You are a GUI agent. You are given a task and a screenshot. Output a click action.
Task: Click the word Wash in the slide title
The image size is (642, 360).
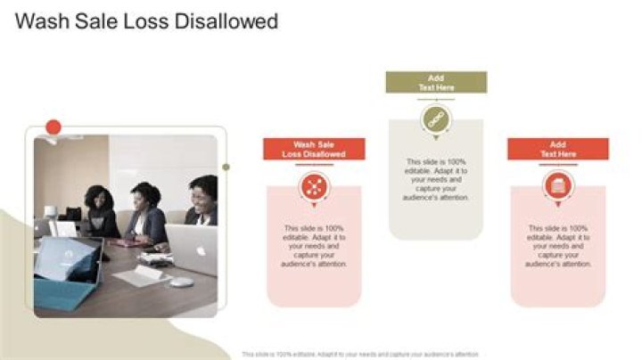click(x=43, y=21)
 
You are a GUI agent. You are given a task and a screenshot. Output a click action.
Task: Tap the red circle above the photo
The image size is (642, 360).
click(x=53, y=127)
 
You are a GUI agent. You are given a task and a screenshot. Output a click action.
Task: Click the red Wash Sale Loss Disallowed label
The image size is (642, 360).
click(x=314, y=149)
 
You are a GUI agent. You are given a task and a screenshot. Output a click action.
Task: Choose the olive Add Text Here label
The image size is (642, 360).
click(x=436, y=83)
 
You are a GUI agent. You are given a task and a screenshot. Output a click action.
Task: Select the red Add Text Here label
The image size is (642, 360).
click(x=558, y=149)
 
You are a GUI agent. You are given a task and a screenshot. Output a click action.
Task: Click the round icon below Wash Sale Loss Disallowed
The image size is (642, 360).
click(x=314, y=186)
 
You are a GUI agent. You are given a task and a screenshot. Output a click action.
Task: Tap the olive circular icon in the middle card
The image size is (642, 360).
click(x=436, y=119)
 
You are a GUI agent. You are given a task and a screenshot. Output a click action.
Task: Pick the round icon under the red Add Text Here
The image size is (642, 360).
click(x=558, y=186)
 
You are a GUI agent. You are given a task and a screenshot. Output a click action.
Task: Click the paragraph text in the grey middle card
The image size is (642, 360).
click(x=436, y=180)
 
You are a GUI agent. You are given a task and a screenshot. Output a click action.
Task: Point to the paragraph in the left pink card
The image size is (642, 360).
click(x=314, y=246)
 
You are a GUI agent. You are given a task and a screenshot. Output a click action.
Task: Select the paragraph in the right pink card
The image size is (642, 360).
click(x=558, y=246)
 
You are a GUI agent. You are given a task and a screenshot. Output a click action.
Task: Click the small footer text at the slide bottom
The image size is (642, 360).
click(x=360, y=354)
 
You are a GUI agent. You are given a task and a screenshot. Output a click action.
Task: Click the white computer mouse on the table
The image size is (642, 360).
click(x=181, y=282)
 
